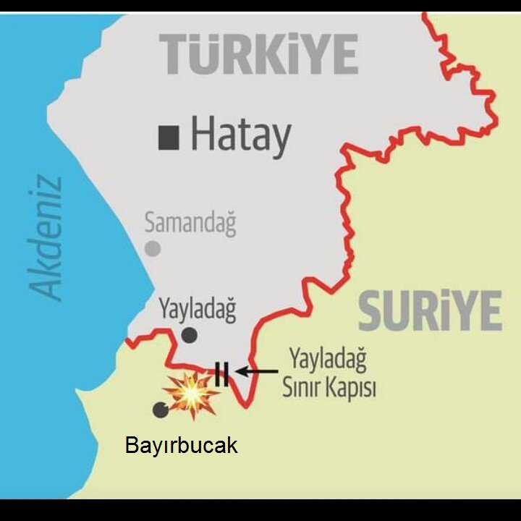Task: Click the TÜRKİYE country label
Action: (x=259, y=55)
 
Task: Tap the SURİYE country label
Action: (x=430, y=311)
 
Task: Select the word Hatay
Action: (x=241, y=136)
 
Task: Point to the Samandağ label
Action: (x=190, y=222)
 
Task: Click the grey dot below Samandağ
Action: (x=153, y=249)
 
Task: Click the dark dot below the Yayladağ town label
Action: (x=189, y=334)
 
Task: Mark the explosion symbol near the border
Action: (x=192, y=394)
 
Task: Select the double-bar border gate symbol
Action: (x=222, y=374)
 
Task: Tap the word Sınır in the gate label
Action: (x=303, y=388)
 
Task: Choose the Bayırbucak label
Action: (x=181, y=445)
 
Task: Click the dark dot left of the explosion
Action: (x=160, y=410)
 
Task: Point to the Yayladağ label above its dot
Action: (x=197, y=310)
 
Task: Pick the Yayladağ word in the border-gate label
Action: (x=328, y=359)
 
